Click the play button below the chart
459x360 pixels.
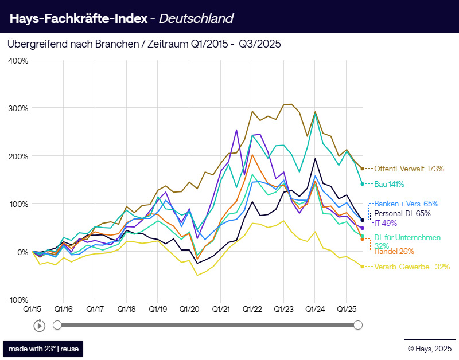(39, 326)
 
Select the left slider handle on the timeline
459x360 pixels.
(57, 325)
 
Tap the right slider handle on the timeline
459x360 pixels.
(358, 325)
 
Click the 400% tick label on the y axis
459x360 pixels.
(18, 60)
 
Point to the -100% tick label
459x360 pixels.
(17, 300)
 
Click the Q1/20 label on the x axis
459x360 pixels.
(189, 309)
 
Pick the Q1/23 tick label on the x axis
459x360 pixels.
(283, 309)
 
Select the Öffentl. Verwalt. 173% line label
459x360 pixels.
(409, 169)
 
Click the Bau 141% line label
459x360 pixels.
(389, 184)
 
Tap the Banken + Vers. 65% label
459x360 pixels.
(406, 204)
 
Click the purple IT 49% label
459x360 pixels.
(384, 222)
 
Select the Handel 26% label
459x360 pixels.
(394, 251)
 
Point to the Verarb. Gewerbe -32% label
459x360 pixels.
(409, 267)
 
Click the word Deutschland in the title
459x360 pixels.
(196, 18)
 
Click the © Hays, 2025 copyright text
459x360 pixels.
(429, 348)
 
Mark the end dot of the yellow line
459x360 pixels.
(363, 267)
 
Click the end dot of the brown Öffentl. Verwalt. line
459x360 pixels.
(363, 169)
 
